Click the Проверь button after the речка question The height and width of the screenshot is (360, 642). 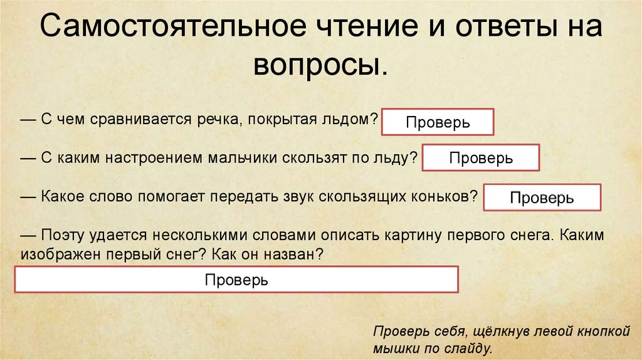click(x=438, y=122)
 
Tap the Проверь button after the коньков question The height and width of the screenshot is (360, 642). click(x=542, y=198)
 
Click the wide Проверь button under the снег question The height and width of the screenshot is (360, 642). click(x=236, y=280)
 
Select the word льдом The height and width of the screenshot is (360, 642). click(x=349, y=119)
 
